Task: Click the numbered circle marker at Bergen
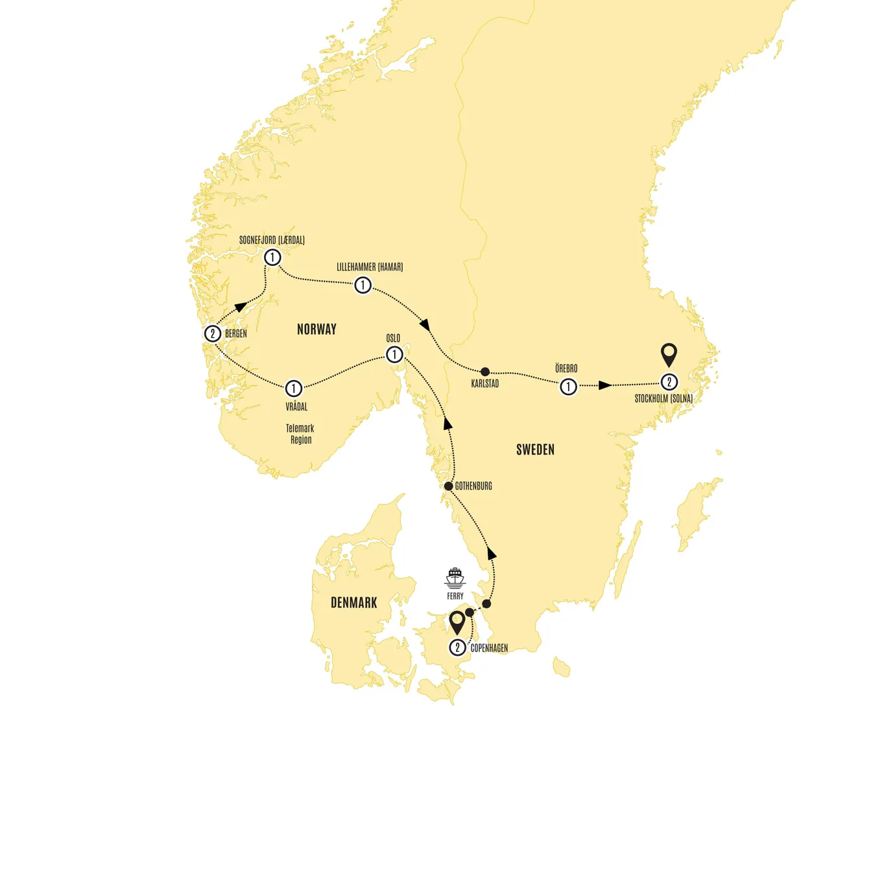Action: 213,333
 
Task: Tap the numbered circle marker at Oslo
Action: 394,355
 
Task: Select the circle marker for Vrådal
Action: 293,388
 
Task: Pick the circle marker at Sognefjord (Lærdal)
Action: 272,257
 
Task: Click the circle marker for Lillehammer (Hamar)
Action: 363,285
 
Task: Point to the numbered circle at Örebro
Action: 568,387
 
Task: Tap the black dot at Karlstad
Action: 485,372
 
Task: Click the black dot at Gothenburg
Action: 448,486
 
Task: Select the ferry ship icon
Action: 455,577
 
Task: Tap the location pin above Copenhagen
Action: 457,623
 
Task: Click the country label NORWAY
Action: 316,329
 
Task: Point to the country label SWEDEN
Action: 535,449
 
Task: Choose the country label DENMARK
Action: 353,603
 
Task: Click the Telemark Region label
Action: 300,434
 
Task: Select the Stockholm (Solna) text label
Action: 663,399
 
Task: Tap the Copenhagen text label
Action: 489,648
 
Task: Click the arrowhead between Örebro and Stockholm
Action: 604,386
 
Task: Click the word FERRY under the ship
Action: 455,596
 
